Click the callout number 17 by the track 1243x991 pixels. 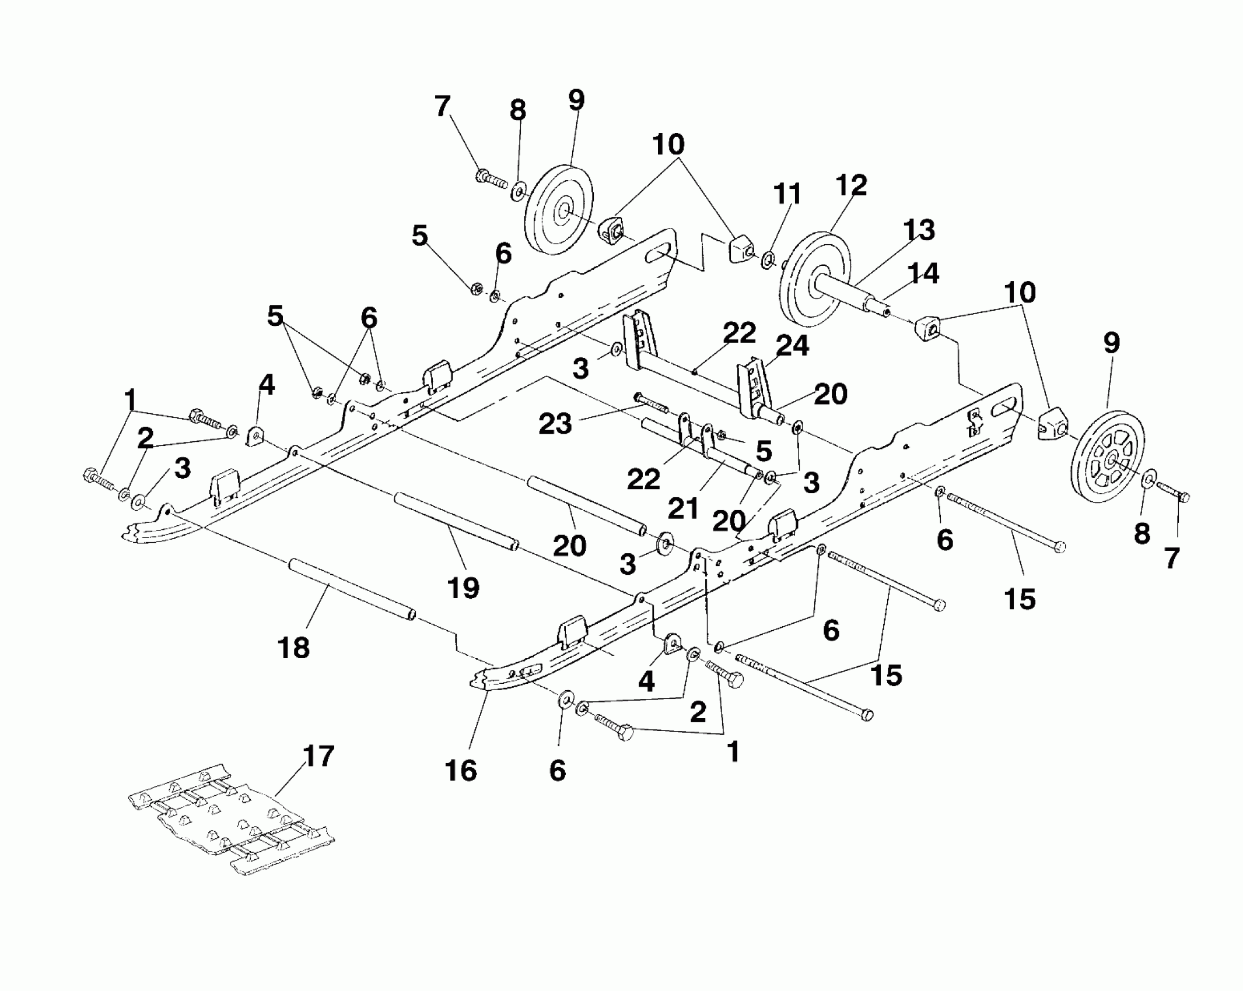[x=318, y=756]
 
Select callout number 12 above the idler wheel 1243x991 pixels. [x=851, y=185]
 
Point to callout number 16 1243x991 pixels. [x=461, y=771]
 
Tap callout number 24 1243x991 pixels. [x=792, y=346]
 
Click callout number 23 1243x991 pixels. [x=555, y=424]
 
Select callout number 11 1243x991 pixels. [x=787, y=195]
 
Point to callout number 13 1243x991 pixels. [x=919, y=230]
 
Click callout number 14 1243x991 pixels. [x=923, y=273]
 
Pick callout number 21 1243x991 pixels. [x=683, y=508]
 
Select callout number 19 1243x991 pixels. [x=464, y=588]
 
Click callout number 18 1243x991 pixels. [x=294, y=648]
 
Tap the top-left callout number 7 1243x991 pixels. [x=443, y=107]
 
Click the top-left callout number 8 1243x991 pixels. [x=517, y=110]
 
